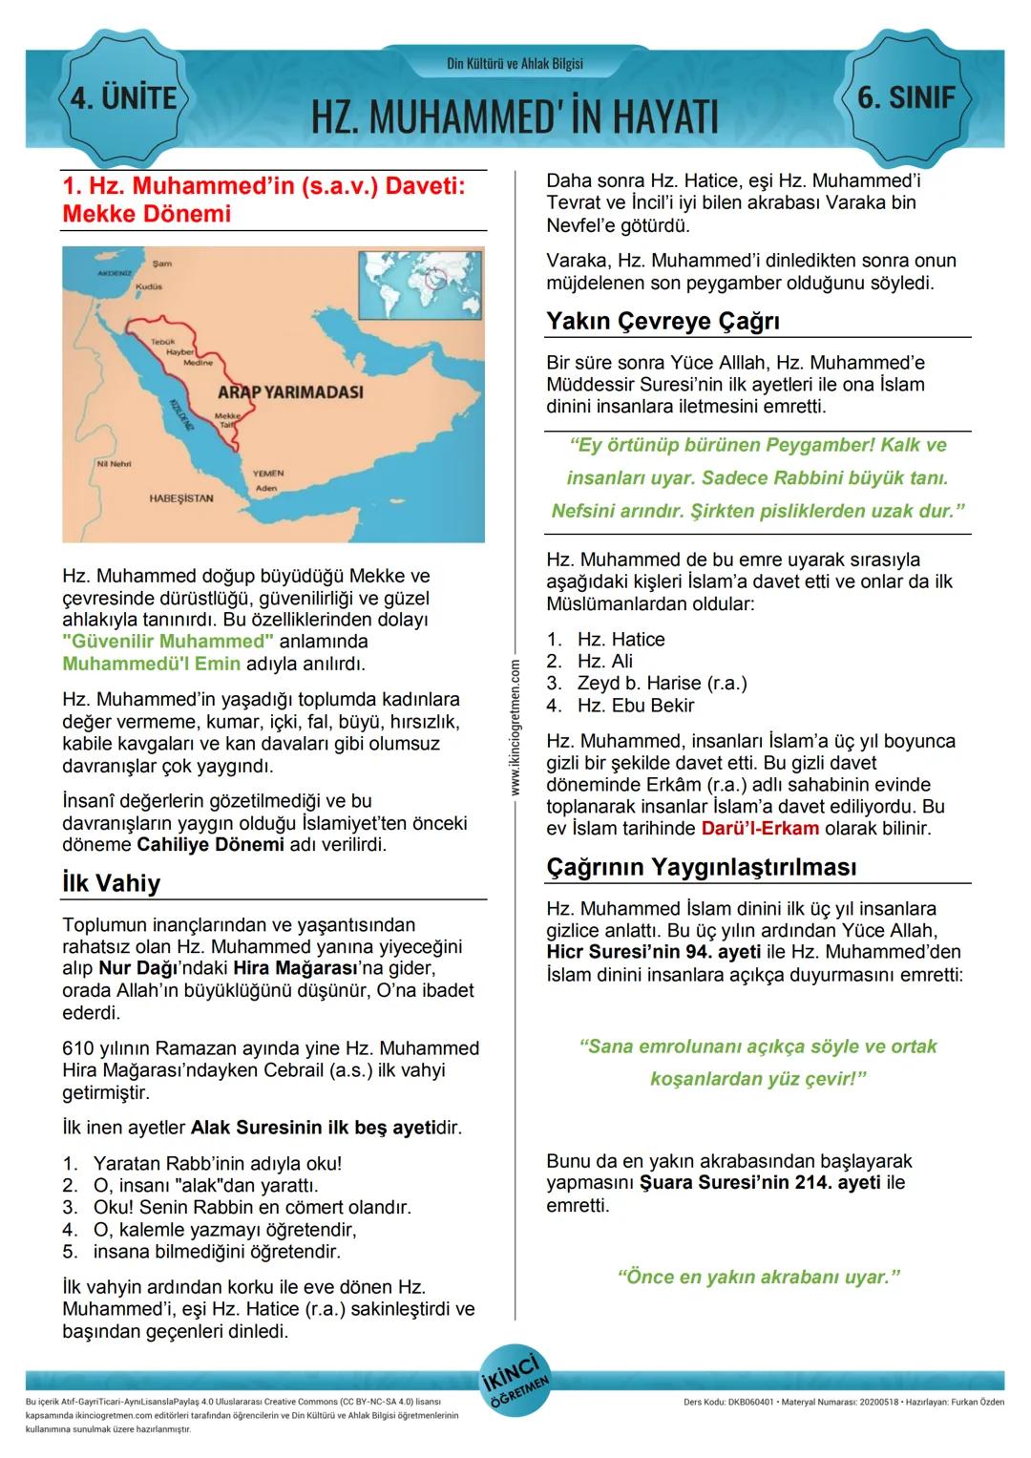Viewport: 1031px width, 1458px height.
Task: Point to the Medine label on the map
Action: click(198, 363)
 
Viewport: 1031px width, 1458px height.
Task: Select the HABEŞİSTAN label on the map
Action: click(181, 498)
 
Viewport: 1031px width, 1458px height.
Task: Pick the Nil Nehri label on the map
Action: click(114, 463)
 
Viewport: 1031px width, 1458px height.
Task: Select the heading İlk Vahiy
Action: click(111, 883)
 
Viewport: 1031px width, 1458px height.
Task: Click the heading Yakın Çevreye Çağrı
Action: click(663, 322)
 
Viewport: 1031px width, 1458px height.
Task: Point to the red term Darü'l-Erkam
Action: click(760, 829)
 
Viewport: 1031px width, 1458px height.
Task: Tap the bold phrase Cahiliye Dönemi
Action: click(210, 845)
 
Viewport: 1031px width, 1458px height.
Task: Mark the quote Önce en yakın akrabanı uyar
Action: click(759, 1277)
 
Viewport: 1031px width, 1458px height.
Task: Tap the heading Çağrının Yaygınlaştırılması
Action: click(702, 867)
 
